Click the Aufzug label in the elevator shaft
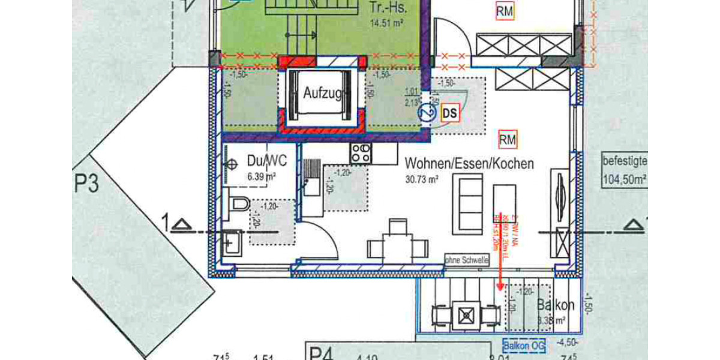click(x=323, y=94)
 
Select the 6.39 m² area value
click(x=262, y=176)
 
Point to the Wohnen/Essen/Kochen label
click(x=469, y=163)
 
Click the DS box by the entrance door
click(x=449, y=112)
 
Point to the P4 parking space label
click(x=320, y=352)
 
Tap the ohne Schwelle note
click(x=467, y=260)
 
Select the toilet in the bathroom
click(x=239, y=204)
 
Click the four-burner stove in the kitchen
click(x=361, y=153)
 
